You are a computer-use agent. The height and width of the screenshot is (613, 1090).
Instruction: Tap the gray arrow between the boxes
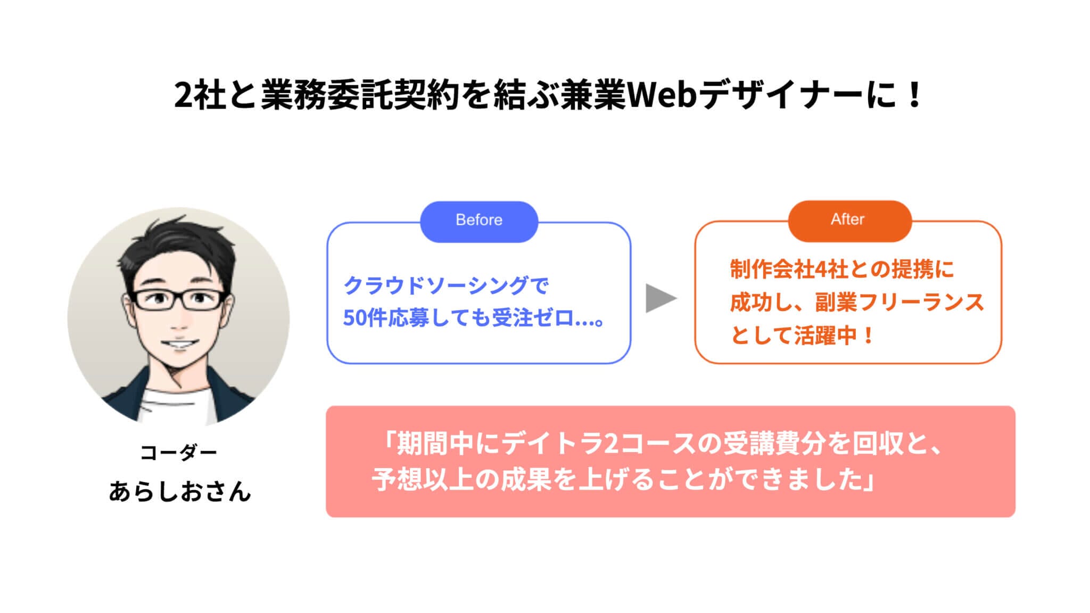click(x=660, y=298)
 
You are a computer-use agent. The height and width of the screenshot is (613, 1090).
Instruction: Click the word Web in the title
click(x=663, y=96)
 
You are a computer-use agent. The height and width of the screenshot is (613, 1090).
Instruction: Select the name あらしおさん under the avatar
click(x=179, y=491)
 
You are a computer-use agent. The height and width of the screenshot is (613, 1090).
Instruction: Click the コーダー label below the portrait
click(x=179, y=453)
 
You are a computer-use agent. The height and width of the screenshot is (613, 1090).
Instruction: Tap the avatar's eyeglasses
click(x=178, y=300)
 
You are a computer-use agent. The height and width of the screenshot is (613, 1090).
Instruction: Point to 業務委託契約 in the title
click(x=360, y=96)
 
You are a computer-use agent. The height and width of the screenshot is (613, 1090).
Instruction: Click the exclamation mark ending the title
click(x=915, y=96)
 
